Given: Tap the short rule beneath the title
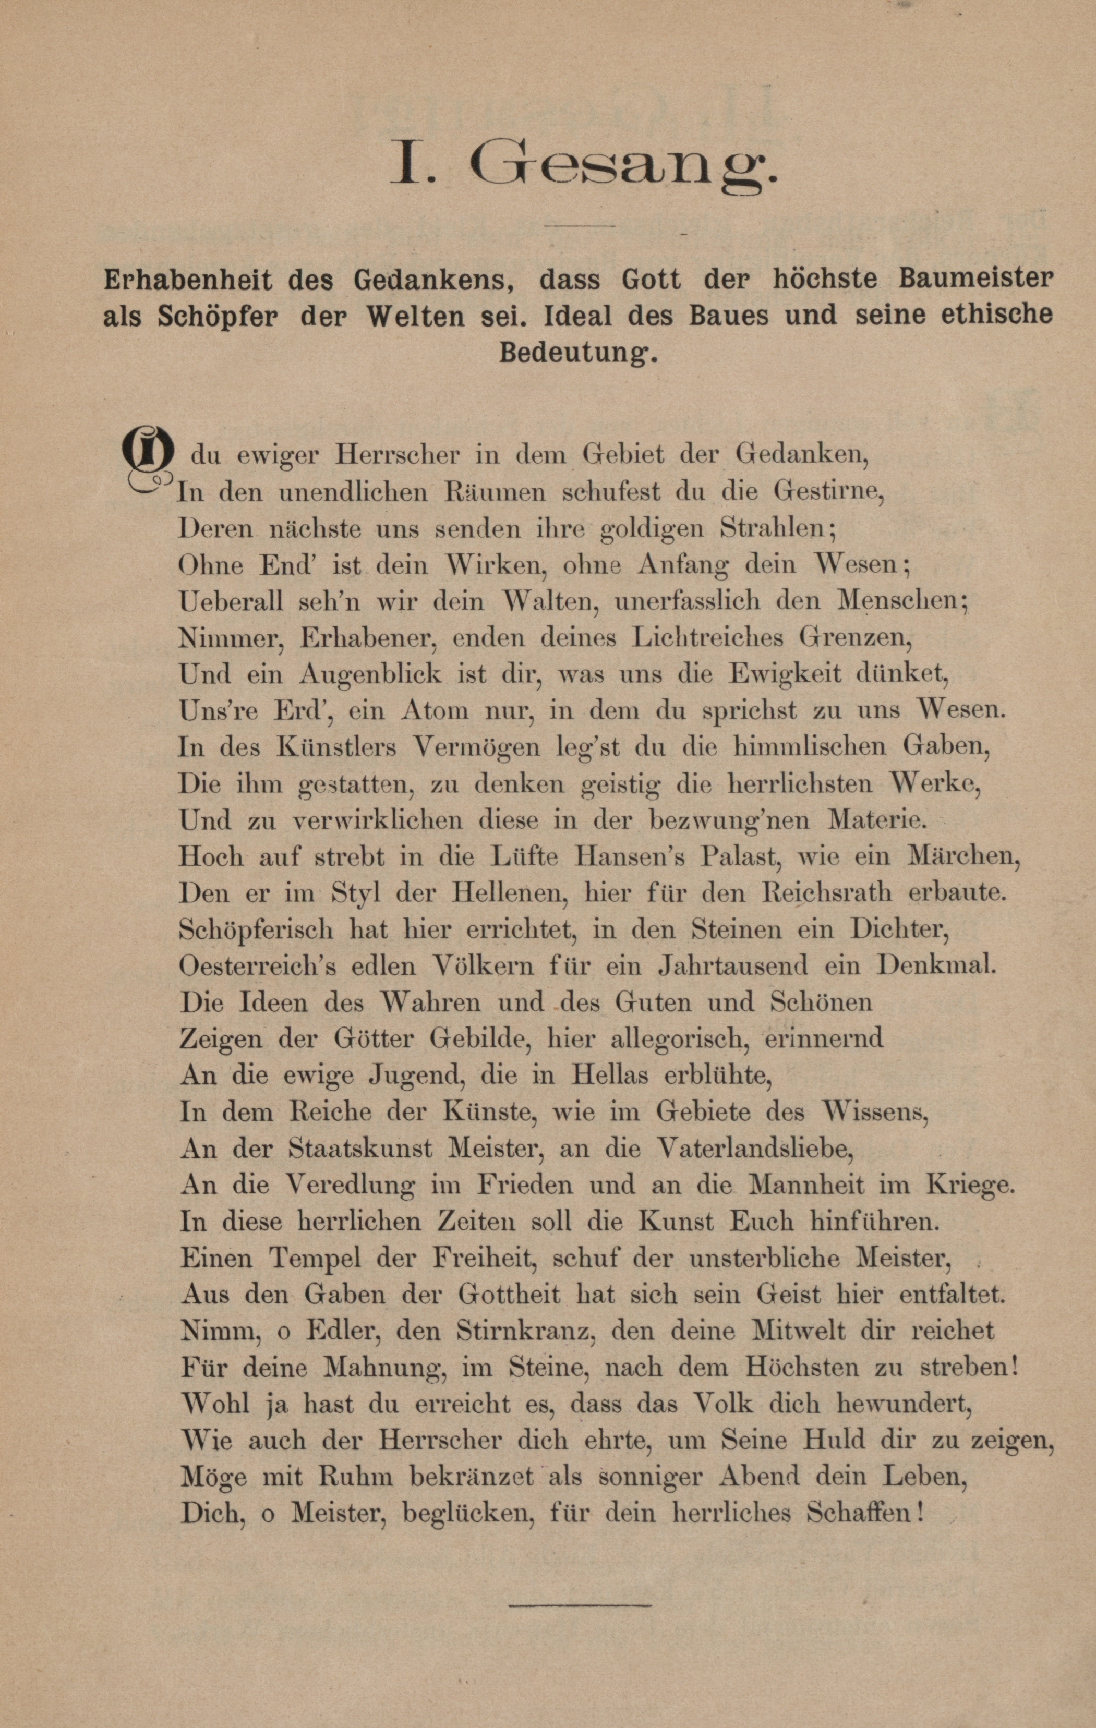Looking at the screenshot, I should coord(580,227).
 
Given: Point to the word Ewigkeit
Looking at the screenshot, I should coord(788,674).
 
